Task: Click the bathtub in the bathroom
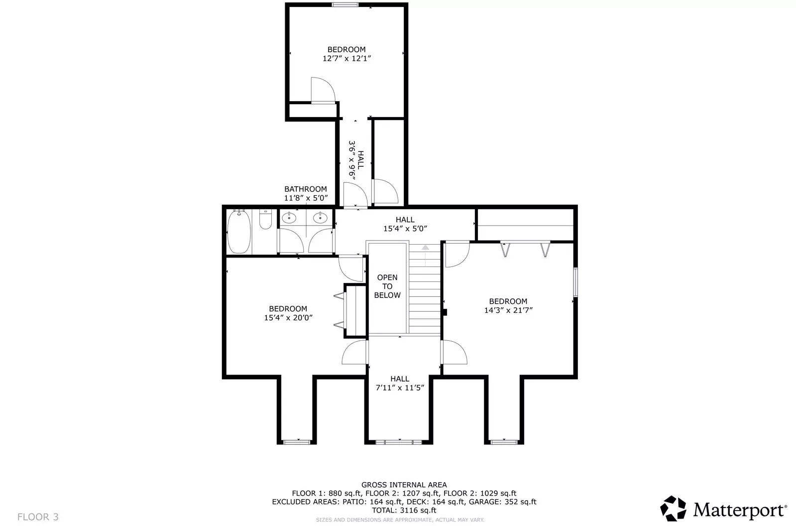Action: click(x=239, y=232)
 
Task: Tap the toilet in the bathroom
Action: click(x=265, y=219)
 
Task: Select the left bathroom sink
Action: click(x=289, y=217)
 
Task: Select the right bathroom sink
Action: click(x=320, y=217)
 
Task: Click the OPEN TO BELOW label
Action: click(x=387, y=286)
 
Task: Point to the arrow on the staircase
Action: click(x=425, y=255)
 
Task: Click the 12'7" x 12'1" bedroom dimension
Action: click(x=346, y=58)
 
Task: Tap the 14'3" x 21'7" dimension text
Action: click(x=508, y=310)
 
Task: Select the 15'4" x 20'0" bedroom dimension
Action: click(x=288, y=318)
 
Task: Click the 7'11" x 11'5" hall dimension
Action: click(x=400, y=388)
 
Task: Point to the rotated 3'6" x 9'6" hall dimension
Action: click(x=352, y=160)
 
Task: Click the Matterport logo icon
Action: click(x=673, y=509)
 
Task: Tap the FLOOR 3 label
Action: click(x=38, y=517)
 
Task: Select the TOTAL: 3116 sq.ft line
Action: click(x=404, y=511)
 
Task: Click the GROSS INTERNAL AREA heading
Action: click(x=404, y=485)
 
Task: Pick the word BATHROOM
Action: click(x=306, y=189)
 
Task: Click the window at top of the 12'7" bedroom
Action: click(x=345, y=4)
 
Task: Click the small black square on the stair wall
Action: click(x=444, y=312)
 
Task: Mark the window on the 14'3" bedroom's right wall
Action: click(x=575, y=282)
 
